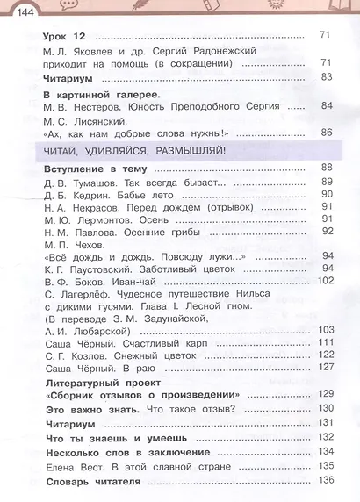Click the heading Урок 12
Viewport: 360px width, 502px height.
[66, 35]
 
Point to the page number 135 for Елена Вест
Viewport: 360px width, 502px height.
[326, 465]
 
